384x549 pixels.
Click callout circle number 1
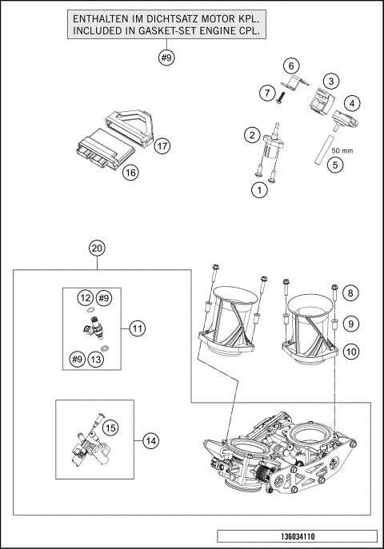(258, 190)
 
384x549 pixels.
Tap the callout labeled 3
(330, 80)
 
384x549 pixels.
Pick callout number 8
(351, 295)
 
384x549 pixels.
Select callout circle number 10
(351, 351)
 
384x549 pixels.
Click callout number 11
(138, 327)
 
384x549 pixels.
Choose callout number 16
(131, 172)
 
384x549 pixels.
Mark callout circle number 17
(162, 145)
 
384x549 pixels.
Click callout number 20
(97, 249)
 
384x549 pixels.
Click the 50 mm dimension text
(342, 149)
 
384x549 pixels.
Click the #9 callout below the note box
(166, 58)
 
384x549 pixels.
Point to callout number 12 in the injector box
(85, 297)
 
